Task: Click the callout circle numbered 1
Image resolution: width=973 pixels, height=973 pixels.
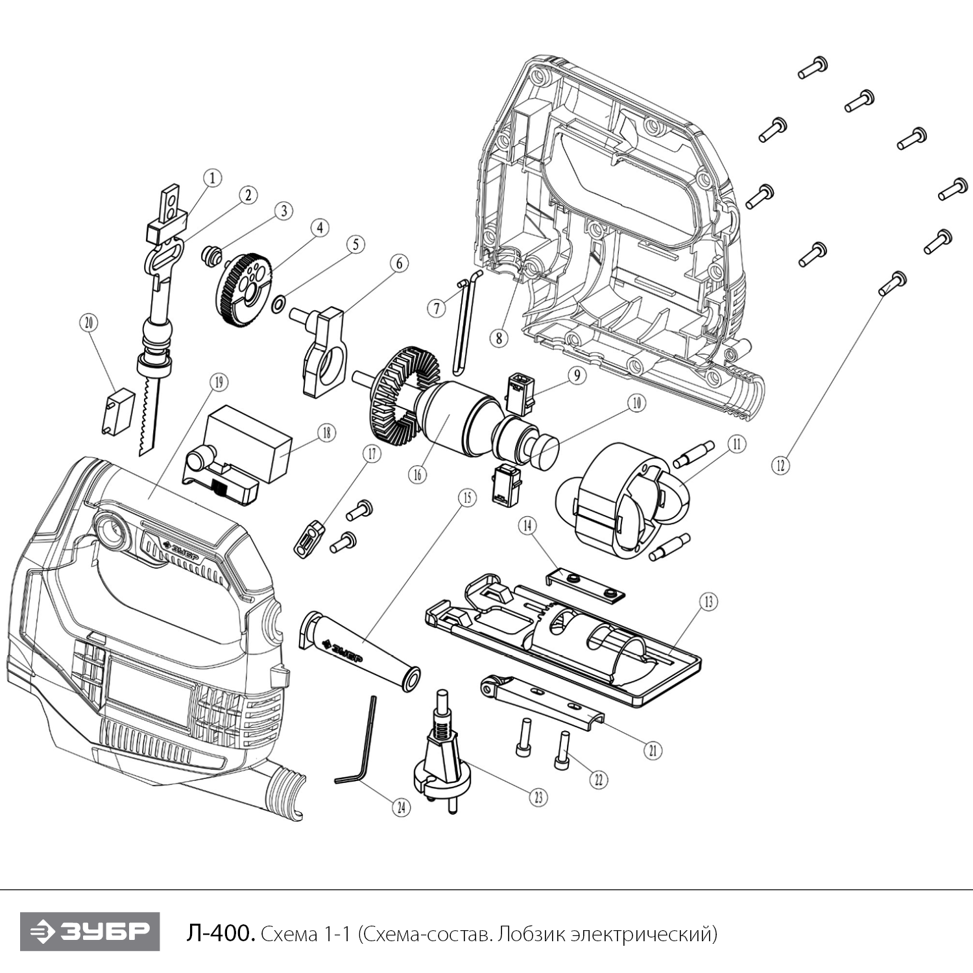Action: [212, 178]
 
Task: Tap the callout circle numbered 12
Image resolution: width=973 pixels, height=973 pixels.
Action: [781, 464]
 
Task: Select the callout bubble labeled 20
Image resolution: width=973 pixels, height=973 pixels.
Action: [89, 322]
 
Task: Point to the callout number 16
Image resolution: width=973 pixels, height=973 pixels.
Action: [418, 474]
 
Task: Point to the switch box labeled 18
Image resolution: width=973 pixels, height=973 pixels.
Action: [246, 441]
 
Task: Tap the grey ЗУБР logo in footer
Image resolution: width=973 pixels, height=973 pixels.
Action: [90, 931]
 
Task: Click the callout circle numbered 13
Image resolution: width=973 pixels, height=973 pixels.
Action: [708, 601]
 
